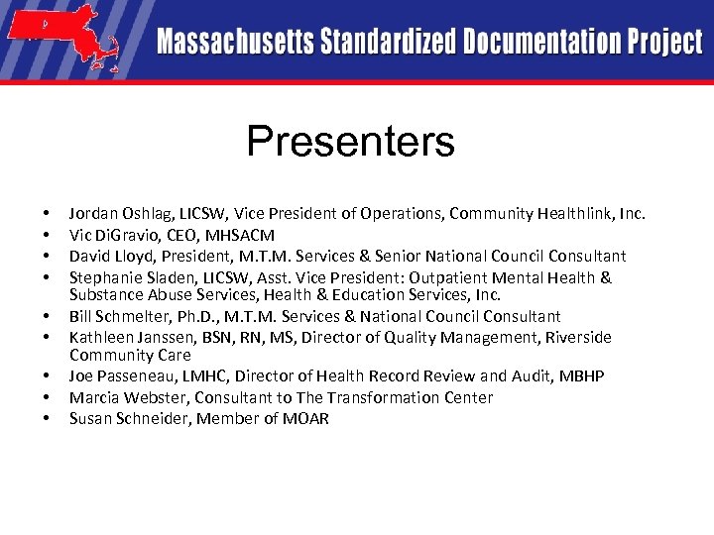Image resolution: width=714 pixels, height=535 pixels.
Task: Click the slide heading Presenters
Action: click(x=350, y=142)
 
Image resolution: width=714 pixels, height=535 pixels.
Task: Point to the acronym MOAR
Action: click(x=307, y=418)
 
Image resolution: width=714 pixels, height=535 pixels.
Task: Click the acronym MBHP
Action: click(x=582, y=376)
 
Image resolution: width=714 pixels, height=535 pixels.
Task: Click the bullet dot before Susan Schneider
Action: click(x=47, y=419)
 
